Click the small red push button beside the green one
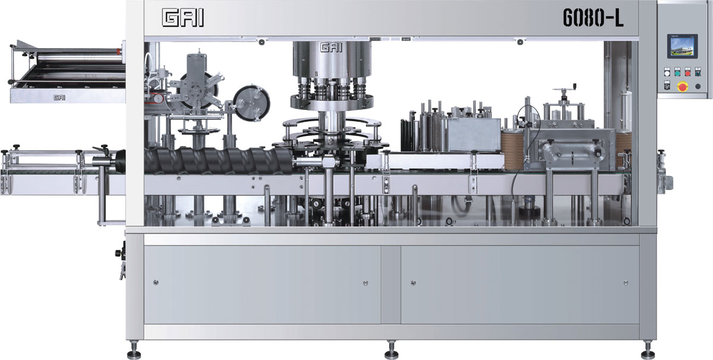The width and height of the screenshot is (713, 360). [687, 73]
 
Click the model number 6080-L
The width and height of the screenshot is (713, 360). [593, 17]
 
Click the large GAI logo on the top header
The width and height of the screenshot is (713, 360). [183, 18]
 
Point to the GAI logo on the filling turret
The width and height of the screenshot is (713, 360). [331, 48]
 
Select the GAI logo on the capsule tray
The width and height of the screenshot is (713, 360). [59, 97]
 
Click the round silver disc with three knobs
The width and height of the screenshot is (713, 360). [251, 103]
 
